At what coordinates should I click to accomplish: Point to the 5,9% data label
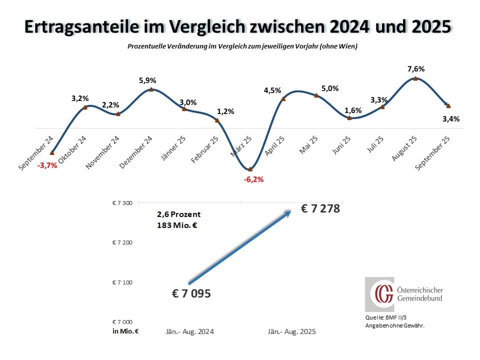click(148, 80)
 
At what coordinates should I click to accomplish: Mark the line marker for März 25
click(250, 169)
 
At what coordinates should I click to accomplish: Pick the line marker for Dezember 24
click(151, 90)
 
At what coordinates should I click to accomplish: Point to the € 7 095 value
click(191, 293)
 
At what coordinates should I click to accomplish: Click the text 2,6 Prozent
click(178, 214)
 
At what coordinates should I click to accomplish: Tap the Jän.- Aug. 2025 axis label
click(292, 331)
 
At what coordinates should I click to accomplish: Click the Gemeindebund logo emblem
click(379, 294)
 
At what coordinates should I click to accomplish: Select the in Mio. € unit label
click(125, 331)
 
